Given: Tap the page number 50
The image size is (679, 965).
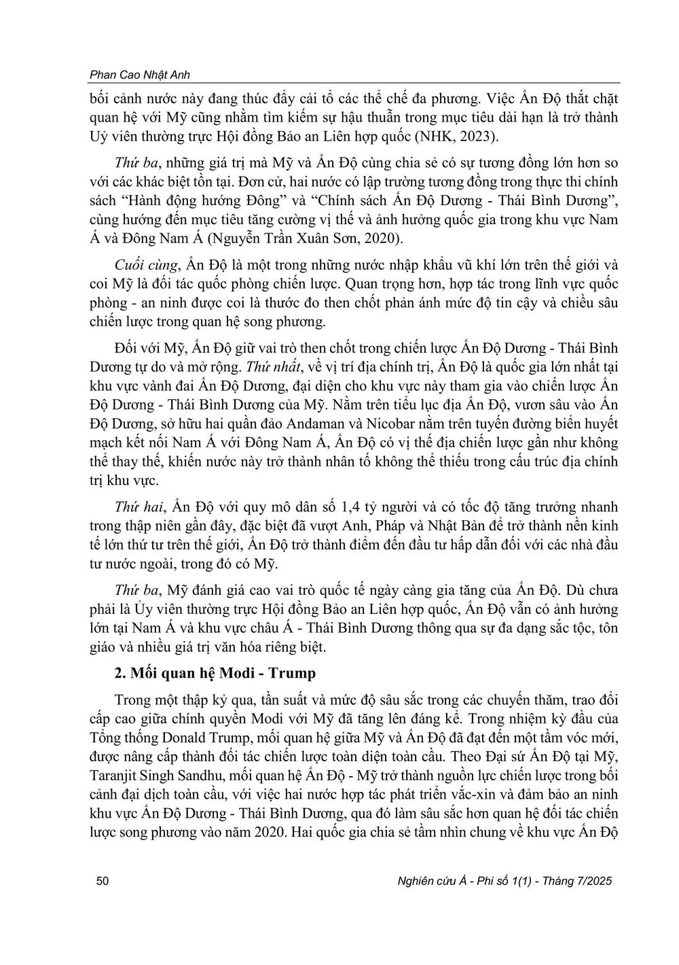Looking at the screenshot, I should tap(104, 881).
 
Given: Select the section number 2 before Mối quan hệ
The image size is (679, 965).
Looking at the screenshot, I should tap(120, 674).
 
